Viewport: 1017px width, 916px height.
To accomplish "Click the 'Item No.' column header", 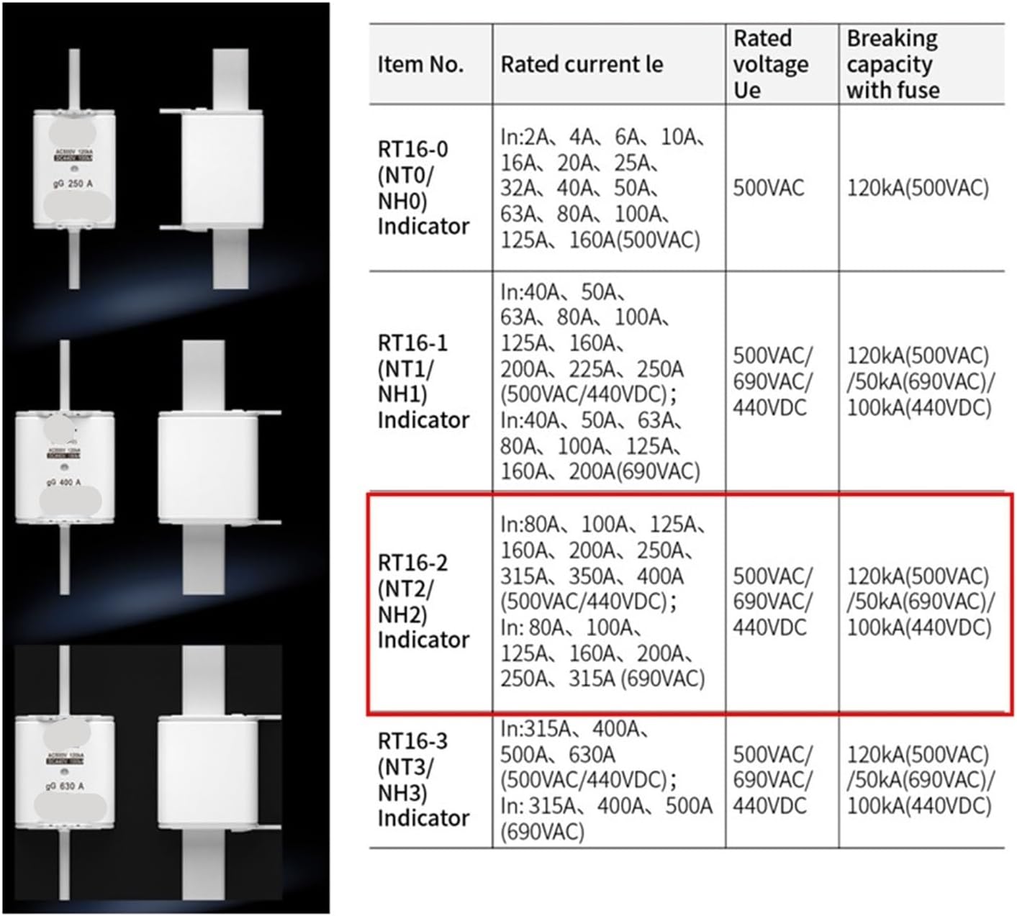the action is [x=421, y=65].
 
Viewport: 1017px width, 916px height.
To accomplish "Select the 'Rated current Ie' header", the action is [x=582, y=65].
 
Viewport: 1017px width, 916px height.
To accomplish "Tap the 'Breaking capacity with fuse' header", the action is [x=893, y=64].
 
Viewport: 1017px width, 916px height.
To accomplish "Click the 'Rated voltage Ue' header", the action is [x=770, y=64].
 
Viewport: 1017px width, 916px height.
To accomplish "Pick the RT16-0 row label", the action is [x=423, y=187].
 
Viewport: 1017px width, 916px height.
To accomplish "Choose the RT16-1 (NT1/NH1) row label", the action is [x=423, y=381].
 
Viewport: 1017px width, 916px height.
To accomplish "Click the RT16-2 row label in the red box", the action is [x=423, y=601].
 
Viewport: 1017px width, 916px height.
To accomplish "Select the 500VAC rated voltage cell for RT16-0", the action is [x=769, y=189].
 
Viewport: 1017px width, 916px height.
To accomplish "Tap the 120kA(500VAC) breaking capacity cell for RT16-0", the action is [x=918, y=189].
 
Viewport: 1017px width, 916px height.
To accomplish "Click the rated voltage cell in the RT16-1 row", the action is [x=772, y=381].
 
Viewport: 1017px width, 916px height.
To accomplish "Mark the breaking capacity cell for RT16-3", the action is [x=921, y=780].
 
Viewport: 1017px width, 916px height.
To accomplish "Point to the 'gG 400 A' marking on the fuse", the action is [x=63, y=482].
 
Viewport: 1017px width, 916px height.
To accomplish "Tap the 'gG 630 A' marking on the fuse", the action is [x=63, y=786].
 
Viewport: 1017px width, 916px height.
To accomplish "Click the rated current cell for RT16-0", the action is [x=601, y=189].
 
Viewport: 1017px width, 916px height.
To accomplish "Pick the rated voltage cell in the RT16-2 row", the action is [x=772, y=602].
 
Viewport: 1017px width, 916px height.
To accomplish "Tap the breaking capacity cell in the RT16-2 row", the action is [x=921, y=602].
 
